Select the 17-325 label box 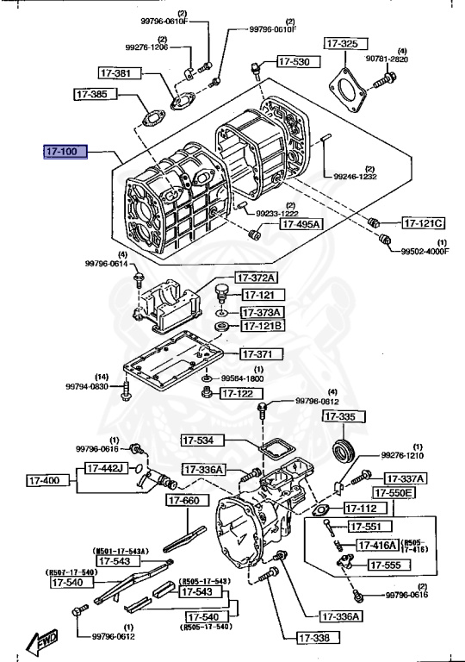(x=342, y=42)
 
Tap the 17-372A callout (x=258, y=278)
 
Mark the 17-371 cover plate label (x=257, y=354)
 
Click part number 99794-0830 (x=87, y=387)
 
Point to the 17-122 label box (x=238, y=393)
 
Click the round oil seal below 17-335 (x=344, y=452)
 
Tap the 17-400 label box (x=45, y=480)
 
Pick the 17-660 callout (x=183, y=500)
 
